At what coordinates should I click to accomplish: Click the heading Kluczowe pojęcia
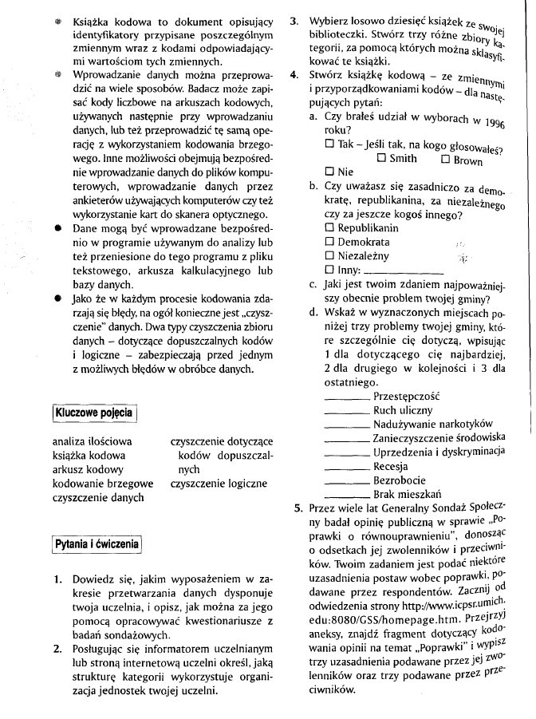point(93,413)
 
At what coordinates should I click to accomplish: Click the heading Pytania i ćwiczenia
point(97,545)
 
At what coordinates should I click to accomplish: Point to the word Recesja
point(391,466)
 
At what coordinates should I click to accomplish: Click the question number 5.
point(298,507)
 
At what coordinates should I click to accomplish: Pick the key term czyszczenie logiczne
point(219,484)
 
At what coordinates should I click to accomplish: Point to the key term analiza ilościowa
point(92,440)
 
